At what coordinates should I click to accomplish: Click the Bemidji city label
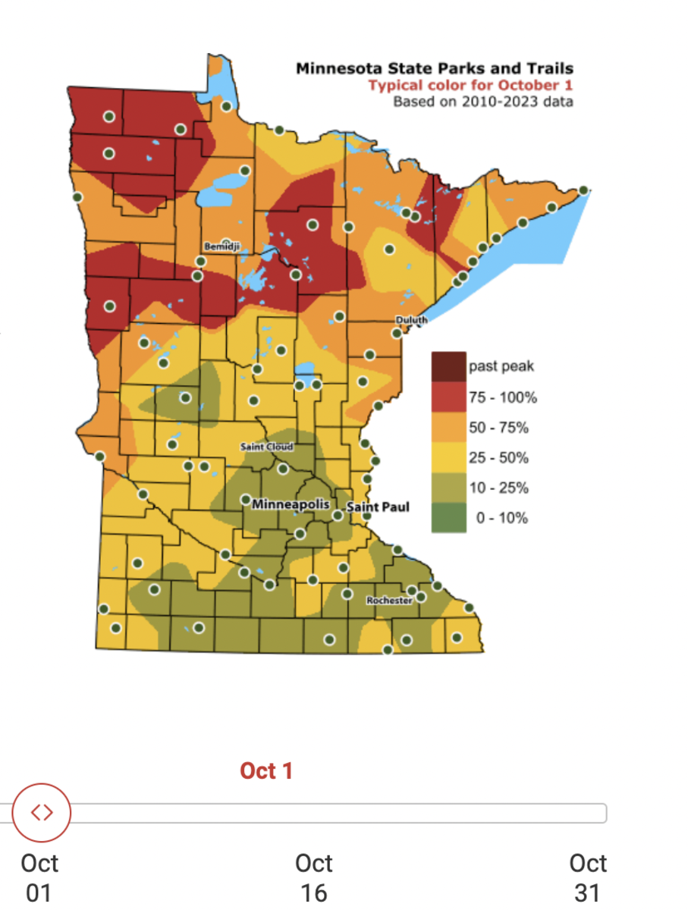point(221,246)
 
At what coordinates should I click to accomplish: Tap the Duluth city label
point(412,321)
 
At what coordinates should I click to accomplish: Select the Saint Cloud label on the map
point(266,447)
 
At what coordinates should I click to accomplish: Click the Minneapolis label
point(291,504)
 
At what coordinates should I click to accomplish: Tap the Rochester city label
point(389,600)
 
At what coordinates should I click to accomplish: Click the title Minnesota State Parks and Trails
point(434,69)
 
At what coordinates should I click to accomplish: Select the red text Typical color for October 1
point(470,85)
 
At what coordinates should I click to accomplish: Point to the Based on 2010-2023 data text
point(482,101)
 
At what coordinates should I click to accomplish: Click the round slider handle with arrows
point(42,813)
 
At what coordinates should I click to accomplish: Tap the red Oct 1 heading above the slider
point(266,771)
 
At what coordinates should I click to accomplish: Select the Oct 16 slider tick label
point(313,877)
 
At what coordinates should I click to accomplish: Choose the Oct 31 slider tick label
point(588,877)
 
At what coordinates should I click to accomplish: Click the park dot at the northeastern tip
point(583,190)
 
